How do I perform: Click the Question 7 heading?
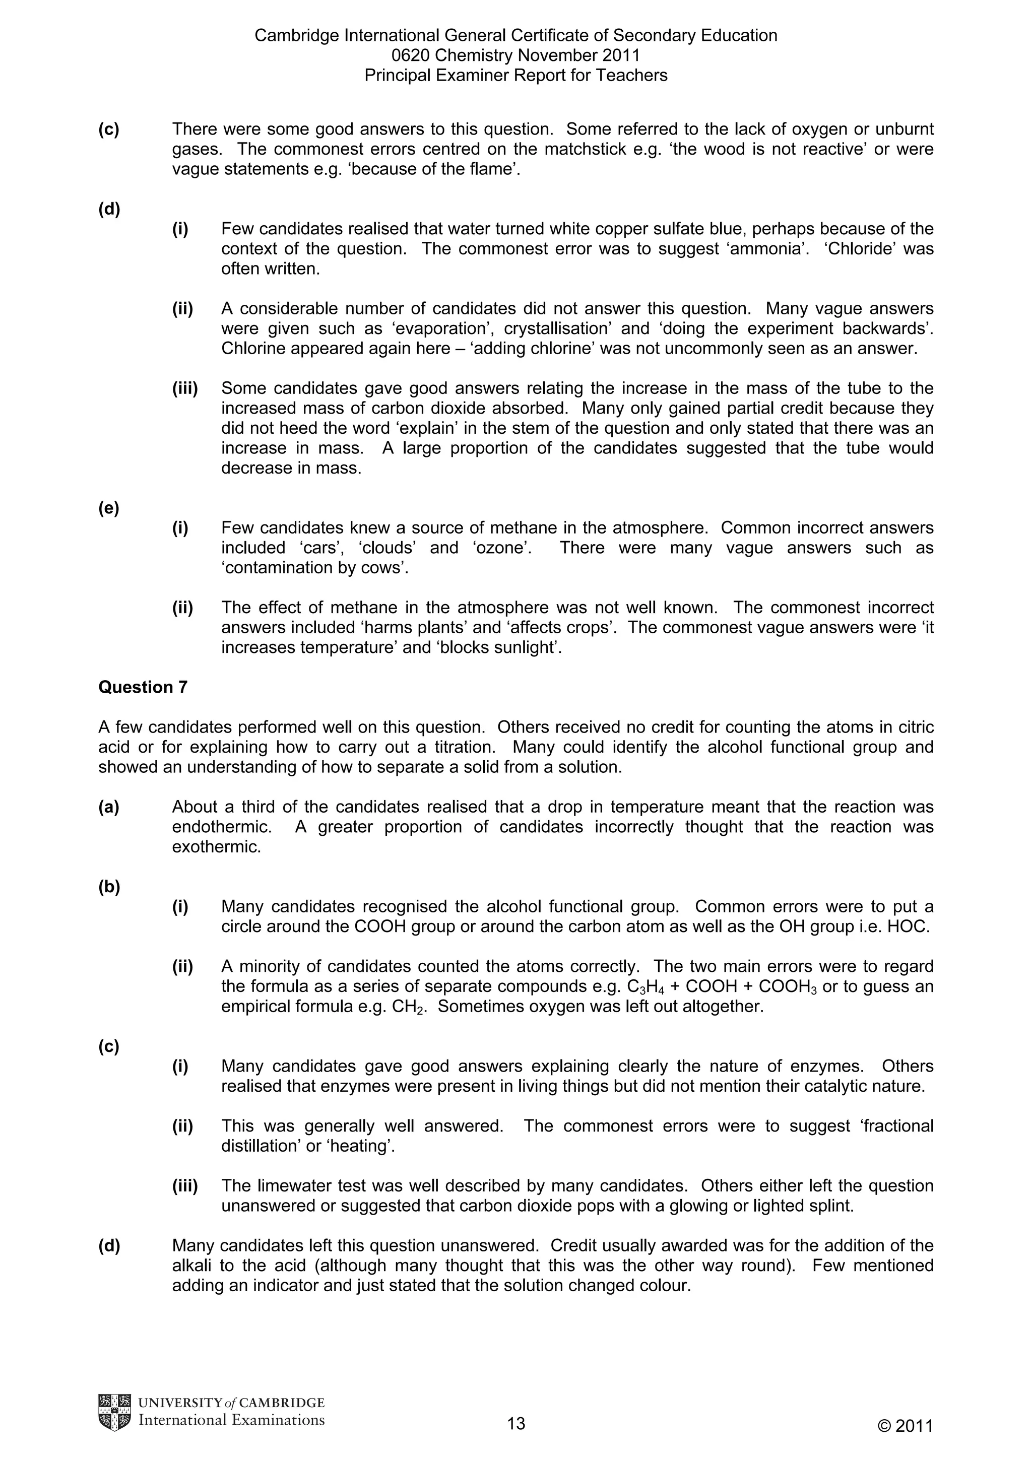143,687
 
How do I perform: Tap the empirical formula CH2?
411,1007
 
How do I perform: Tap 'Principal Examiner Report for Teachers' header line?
515,76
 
